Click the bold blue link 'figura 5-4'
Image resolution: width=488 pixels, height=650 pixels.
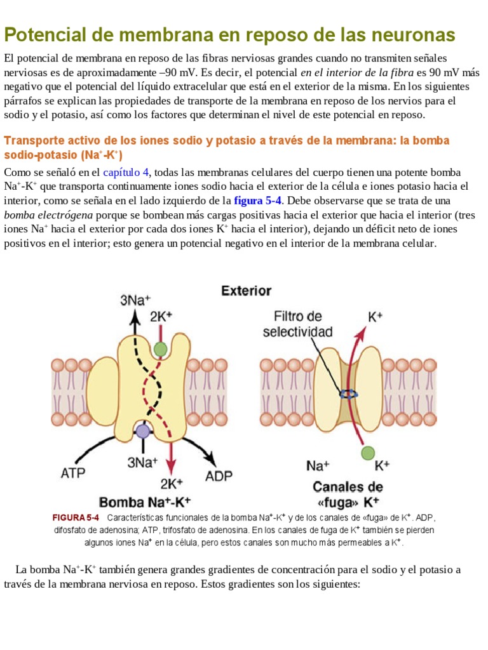(258, 201)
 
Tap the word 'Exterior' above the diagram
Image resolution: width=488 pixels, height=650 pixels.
(246, 291)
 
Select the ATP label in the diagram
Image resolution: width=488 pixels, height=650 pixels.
(73, 473)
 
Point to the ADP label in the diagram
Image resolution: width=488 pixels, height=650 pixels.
(219, 475)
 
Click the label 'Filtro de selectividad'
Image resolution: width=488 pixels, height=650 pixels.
(298, 324)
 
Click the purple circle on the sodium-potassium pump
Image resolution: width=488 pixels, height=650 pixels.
(143, 431)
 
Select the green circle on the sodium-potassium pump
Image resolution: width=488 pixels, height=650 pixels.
(161, 348)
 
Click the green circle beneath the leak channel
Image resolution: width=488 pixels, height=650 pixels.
(367, 453)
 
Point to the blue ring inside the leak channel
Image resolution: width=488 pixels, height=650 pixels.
(348, 394)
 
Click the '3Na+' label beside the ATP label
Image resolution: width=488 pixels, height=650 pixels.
(142, 463)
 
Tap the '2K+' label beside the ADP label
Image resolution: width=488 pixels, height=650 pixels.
(172, 484)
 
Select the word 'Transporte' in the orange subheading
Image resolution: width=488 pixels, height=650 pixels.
(32, 140)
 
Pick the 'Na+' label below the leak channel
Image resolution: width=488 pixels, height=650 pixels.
(318, 466)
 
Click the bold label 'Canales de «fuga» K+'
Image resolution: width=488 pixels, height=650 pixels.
(348, 494)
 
